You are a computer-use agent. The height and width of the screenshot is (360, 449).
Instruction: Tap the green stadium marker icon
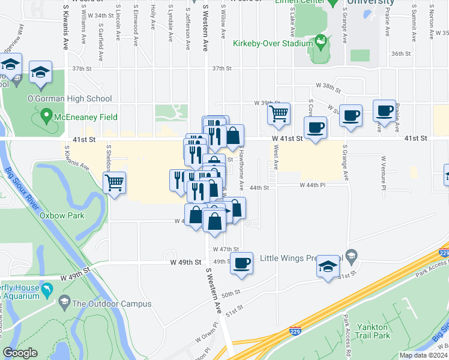322,42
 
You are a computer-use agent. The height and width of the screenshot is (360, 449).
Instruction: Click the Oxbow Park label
62,215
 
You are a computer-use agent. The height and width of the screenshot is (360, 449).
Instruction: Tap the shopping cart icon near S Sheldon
114,182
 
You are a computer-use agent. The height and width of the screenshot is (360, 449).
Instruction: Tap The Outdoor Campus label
112,304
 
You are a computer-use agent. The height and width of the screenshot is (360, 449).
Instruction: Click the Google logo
20,353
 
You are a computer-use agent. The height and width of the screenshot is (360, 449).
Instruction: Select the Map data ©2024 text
423,355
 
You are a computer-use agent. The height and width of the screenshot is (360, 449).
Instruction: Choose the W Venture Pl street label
382,172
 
